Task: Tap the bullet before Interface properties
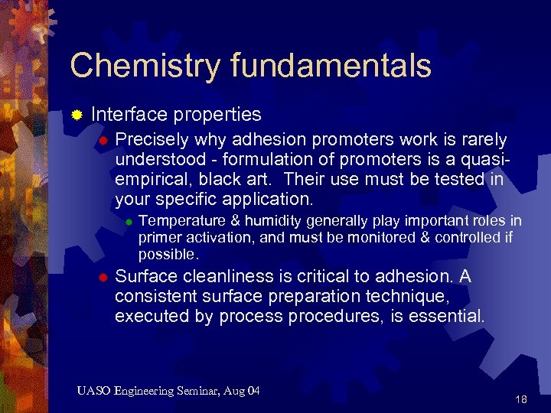point(77,115)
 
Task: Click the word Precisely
point(152,140)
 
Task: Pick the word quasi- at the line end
point(487,160)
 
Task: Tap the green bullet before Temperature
point(129,223)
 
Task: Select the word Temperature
point(178,221)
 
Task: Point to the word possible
point(168,254)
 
